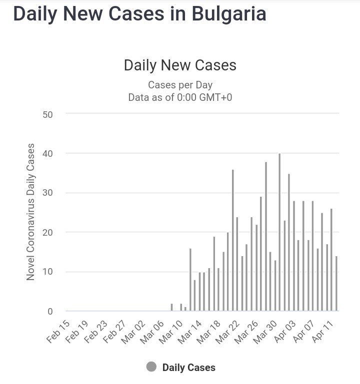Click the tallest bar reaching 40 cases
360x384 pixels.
click(279, 232)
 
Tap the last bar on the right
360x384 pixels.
click(336, 284)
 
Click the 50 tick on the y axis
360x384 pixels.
click(47, 114)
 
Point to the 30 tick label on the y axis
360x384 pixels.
click(47, 193)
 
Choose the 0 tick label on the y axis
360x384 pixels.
click(50, 312)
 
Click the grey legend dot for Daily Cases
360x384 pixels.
click(151, 367)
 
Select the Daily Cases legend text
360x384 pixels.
click(188, 368)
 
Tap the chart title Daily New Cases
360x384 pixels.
click(180, 65)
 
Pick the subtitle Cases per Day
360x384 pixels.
click(180, 85)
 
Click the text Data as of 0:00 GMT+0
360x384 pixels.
click(180, 97)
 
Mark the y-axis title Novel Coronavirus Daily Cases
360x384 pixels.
click(31, 212)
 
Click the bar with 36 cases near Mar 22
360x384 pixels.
click(233, 240)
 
